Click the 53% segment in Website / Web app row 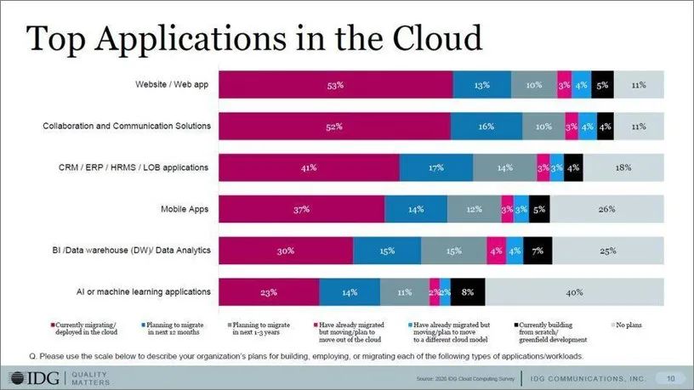[336, 85]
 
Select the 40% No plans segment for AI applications [574, 292]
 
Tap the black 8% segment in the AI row [468, 292]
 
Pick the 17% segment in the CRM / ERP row [436, 168]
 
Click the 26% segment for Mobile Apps [606, 209]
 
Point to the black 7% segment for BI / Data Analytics [538, 251]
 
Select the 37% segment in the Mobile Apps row [302, 209]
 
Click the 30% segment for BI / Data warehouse [286, 251]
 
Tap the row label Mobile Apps [185, 208]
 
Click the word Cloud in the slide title [432, 38]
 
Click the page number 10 [670, 377]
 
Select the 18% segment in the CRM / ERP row [623, 168]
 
